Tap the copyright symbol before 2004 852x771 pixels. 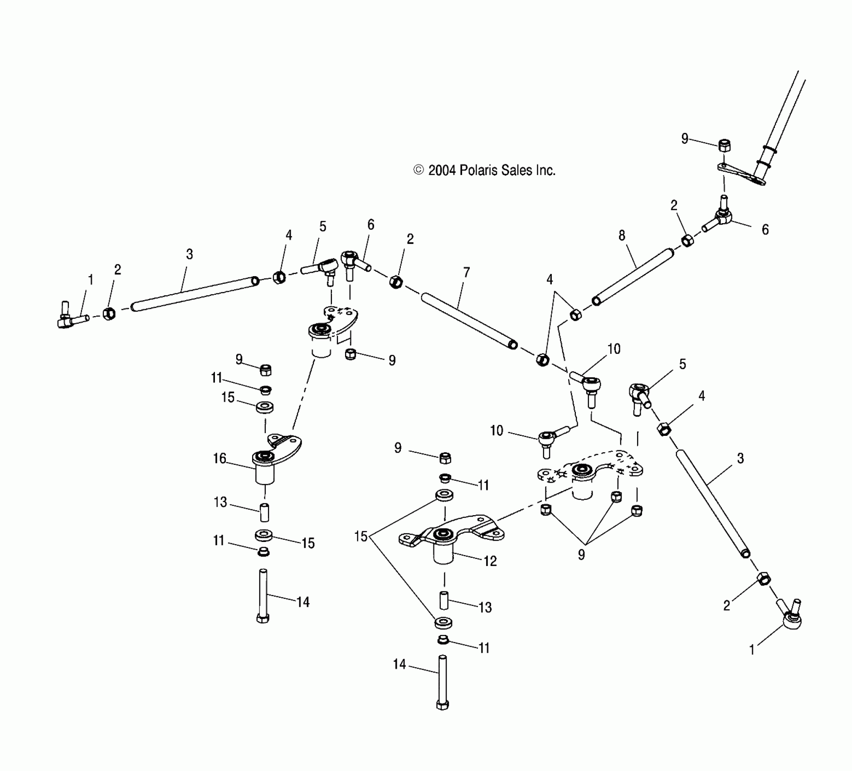point(418,171)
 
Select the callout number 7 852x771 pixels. point(467,273)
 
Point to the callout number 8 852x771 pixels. point(622,235)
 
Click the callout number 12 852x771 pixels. point(490,561)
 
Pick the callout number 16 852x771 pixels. point(219,459)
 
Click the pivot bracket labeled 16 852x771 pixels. point(272,458)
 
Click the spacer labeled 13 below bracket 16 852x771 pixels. point(264,512)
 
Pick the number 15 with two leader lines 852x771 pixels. point(360,537)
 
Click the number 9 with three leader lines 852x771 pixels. point(582,554)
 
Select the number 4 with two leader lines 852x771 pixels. point(550,280)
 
